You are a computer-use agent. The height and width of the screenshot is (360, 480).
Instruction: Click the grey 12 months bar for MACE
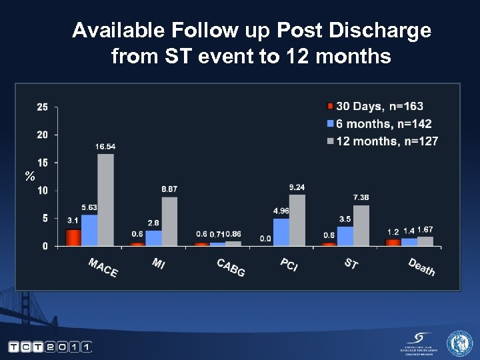coord(105,200)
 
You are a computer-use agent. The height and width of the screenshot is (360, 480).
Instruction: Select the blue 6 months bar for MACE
coord(89,231)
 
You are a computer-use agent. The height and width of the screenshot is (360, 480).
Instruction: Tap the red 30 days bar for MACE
coord(73,237)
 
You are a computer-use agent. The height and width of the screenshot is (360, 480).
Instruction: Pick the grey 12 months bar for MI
coord(169,221)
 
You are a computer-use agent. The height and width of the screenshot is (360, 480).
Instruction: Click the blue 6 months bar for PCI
coord(281,232)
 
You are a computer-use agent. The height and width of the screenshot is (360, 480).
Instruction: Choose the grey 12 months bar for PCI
coord(297,220)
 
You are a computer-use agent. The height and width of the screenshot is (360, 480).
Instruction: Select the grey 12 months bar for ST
coord(361,225)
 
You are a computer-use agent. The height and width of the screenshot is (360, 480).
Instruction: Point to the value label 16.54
coord(105,146)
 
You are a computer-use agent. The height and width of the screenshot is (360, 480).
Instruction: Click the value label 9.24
coord(297,187)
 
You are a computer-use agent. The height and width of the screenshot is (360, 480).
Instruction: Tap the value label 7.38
coord(361,197)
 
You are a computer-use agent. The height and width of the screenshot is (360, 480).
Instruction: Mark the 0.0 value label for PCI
coord(265,238)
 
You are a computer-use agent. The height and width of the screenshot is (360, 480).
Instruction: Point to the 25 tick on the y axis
coord(42,107)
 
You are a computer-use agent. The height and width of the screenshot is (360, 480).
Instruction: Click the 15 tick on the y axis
coord(42,163)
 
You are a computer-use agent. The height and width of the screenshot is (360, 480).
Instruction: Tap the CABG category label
coord(231,267)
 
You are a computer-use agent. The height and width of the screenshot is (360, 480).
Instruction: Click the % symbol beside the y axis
coord(29,177)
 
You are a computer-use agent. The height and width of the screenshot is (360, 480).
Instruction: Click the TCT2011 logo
coord(49,347)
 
